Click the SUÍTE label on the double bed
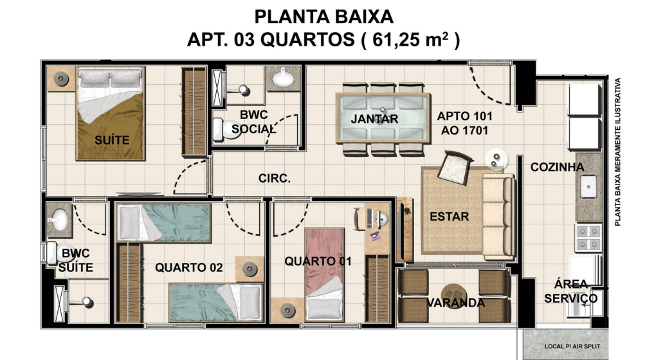point(112,140)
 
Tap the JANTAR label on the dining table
point(374,119)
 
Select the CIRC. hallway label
point(275,179)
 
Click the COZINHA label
point(557,167)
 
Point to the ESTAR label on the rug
point(450,217)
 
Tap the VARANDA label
point(455,303)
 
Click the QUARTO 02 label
point(189,268)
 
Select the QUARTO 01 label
point(318,261)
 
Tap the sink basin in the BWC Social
point(282,78)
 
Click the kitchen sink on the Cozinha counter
point(588,186)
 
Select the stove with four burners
point(588,238)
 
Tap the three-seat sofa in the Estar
point(498,217)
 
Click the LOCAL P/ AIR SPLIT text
point(572,346)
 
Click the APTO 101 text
point(464,116)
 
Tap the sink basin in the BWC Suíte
point(58,220)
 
